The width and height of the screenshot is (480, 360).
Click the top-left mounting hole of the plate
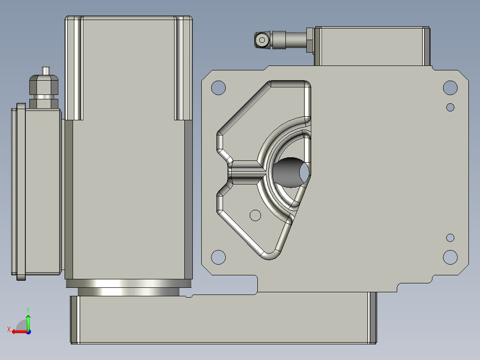pyautogui.click(x=218, y=88)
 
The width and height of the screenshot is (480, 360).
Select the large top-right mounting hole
pyautogui.click(x=450, y=88)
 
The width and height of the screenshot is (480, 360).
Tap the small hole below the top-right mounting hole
pyautogui.click(x=450, y=107)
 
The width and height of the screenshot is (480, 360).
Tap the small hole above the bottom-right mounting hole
pyautogui.click(x=450, y=237)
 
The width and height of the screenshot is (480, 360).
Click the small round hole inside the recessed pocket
pyautogui.click(x=255, y=216)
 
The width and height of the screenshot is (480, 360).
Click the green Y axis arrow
pyautogui.click(x=28, y=320)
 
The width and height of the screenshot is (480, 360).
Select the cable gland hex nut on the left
pyautogui.click(x=44, y=85)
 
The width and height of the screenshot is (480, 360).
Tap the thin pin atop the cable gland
pyautogui.click(x=45, y=71)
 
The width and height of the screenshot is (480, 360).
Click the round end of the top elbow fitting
pyautogui.click(x=262, y=41)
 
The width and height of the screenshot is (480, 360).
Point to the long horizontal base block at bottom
pyautogui.click(x=223, y=321)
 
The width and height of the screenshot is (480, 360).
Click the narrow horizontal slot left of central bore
pyautogui.click(x=245, y=172)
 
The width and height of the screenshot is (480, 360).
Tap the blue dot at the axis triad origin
pyautogui.click(x=28, y=331)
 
